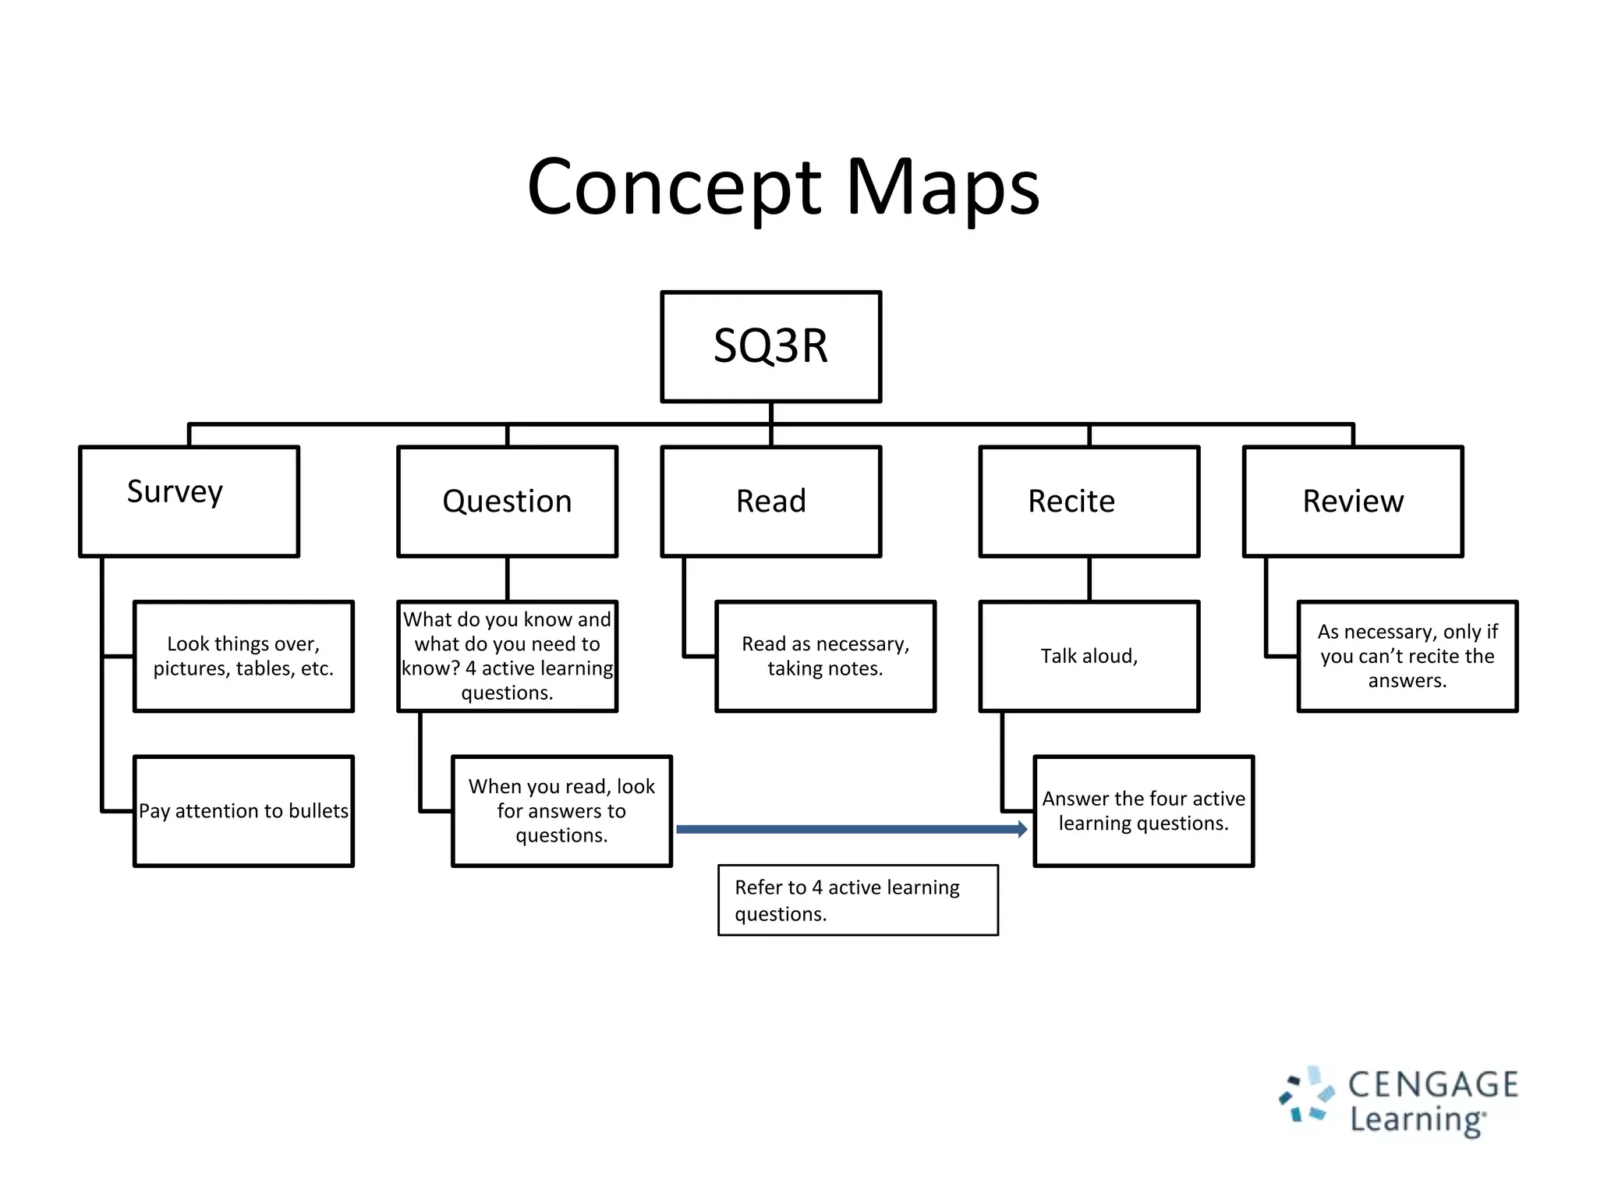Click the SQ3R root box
(770, 346)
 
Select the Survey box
(189, 501)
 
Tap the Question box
(507, 501)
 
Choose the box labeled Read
(770, 501)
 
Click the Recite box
(1089, 501)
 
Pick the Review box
(1352, 501)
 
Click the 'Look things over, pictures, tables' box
(243, 656)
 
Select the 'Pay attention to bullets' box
(243, 810)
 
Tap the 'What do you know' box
(507, 656)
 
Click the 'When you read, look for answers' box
(561, 810)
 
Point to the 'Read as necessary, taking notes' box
(825, 656)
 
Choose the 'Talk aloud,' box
(1089, 656)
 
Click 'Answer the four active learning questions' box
(1143, 810)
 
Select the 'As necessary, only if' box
(1407, 656)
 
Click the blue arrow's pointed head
(1022, 829)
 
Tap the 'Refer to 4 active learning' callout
(858, 900)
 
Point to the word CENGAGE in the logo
(1433, 1085)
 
